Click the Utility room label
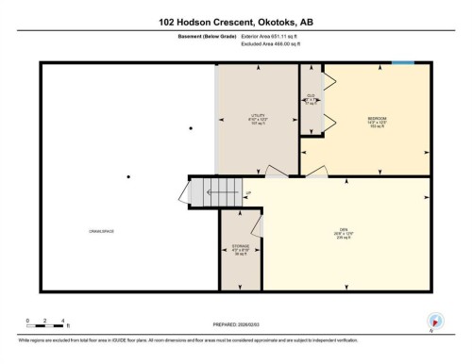[258, 116]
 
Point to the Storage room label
[241, 249]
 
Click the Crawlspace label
[102, 232]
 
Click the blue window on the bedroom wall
[403, 63]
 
